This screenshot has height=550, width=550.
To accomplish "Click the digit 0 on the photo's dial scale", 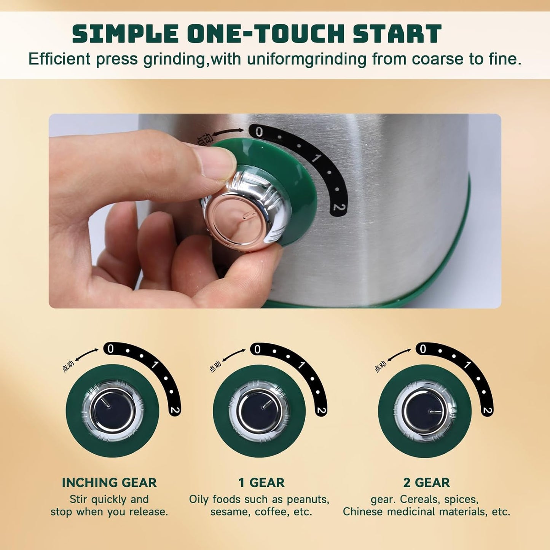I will (259, 132).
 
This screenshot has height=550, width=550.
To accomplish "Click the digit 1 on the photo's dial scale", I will (316, 158).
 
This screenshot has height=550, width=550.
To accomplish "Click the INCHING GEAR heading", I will (109, 483).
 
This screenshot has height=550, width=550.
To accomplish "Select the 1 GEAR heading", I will (261, 483).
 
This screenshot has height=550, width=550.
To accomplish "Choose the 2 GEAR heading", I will (426, 483).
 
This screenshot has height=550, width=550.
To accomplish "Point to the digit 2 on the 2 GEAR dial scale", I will (487, 410).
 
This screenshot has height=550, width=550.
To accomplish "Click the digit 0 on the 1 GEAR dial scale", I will (257, 349).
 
